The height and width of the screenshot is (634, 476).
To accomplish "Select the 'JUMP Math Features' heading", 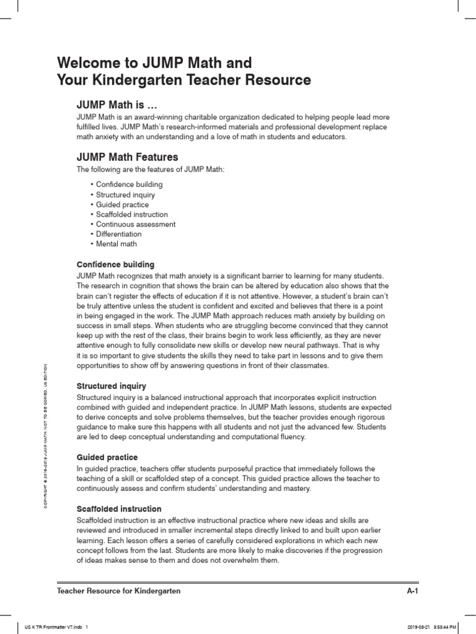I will (x=127, y=157).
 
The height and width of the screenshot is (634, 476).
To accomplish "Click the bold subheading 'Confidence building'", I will (x=115, y=264).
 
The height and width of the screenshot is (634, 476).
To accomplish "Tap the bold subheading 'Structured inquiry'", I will (x=112, y=386).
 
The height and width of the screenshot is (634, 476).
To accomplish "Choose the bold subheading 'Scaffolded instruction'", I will (x=119, y=508).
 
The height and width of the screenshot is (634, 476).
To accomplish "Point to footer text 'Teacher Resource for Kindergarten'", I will (x=118, y=591).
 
